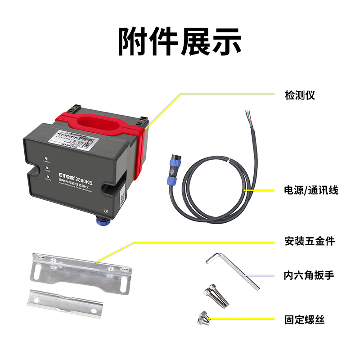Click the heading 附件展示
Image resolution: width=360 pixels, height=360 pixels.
180,42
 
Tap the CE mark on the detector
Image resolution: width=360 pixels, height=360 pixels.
106,209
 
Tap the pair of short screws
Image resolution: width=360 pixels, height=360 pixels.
203,319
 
